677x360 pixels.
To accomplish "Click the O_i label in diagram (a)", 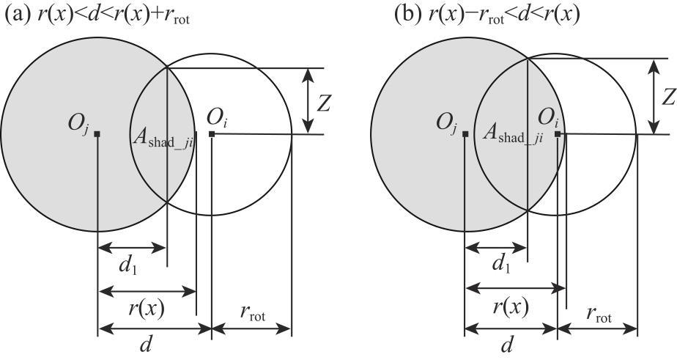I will [218, 117].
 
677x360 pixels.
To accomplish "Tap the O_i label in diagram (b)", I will [549, 117].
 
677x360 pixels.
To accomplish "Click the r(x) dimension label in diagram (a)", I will [147, 309].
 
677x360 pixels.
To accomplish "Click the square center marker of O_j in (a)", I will [97, 133].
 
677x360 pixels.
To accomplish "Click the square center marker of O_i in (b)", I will [558, 134].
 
